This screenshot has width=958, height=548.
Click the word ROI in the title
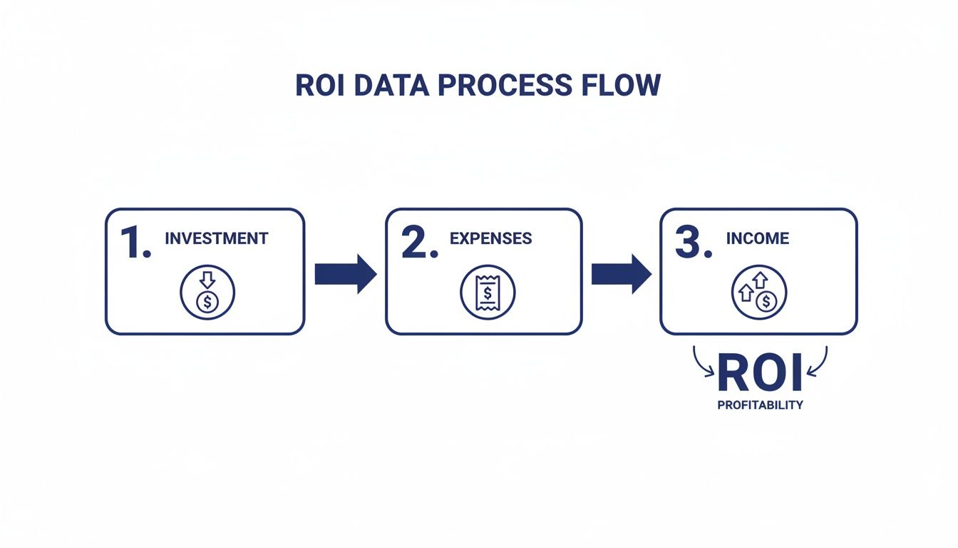coord(317,86)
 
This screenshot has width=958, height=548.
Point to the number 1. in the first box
coord(135,244)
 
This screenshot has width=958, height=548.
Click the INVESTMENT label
coord(216,238)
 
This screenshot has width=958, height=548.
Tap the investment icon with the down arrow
coord(207,293)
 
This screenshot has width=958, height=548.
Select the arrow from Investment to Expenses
coord(345,273)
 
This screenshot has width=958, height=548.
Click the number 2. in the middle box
coord(418,244)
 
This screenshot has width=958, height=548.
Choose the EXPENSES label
coord(490,238)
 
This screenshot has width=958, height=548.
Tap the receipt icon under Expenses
coord(488,293)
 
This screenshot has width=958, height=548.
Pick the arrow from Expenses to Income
coord(621,273)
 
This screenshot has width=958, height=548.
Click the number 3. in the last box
coord(693,244)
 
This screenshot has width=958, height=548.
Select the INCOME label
coord(757,238)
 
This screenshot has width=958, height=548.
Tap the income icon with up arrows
coord(759,293)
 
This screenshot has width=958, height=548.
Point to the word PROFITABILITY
coord(760,405)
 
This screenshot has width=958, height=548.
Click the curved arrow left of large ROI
coord(701,362)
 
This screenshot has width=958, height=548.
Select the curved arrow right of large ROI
coord(818,362)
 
